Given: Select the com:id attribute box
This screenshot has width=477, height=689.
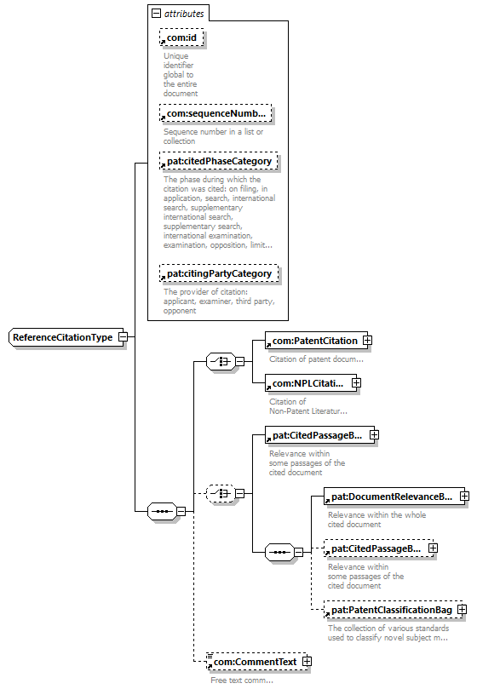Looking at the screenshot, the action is (x=181, y=37).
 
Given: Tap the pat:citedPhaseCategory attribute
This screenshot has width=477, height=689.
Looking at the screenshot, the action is (x=219, y=161).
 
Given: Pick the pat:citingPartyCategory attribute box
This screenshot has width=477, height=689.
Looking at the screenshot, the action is (x=219, y=273).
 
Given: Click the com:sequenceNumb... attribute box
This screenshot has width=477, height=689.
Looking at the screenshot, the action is (x=216, y=113).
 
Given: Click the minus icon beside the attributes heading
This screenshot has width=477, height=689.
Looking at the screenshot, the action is (x=156, y=13).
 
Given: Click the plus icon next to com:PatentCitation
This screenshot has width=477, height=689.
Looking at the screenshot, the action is (x=367, y=341).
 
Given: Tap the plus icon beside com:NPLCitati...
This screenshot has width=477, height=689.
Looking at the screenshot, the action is (x=356, y=383).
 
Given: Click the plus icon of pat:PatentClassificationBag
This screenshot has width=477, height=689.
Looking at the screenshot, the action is (x=462, y=610).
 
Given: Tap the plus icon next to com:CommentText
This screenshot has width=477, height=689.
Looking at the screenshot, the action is (x=307, y=662).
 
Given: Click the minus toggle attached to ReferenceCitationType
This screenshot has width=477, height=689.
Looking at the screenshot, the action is (x=124, y=337).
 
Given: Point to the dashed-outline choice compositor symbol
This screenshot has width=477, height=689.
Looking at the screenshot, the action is (x=221, y=493).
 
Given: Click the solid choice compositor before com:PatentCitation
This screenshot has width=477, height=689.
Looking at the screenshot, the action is (x=221, y=362).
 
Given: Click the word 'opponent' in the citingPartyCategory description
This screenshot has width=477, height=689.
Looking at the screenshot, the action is (x=180, y=311).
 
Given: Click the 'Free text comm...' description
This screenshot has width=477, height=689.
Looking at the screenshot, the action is (x=242, y=680).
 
